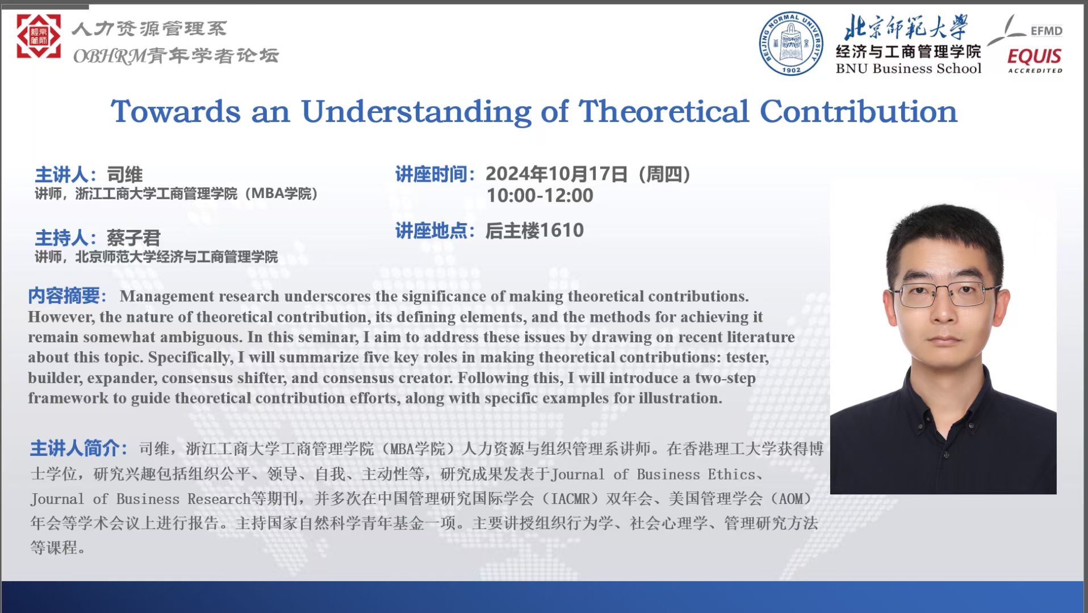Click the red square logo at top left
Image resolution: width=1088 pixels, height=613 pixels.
coord(39,36)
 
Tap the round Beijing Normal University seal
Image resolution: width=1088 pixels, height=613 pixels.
coord(791,44)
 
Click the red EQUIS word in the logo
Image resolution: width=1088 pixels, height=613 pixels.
coord(1034,56)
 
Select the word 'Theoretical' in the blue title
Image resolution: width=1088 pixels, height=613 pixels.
coord(664,111)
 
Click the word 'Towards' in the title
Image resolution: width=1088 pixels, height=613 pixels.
coord(176,111)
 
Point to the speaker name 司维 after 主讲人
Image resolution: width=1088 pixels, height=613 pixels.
coord(125,174)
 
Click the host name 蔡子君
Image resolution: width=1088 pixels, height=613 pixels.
coord(133,237)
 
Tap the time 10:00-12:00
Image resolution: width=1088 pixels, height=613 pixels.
coord(540,195)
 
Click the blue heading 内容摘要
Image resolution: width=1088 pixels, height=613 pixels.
coord(65,296)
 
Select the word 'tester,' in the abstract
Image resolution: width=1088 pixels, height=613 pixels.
coord(744,358)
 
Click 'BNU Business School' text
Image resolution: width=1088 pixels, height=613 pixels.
coord(908,69)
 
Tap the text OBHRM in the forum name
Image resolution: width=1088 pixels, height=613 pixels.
coord(110,56)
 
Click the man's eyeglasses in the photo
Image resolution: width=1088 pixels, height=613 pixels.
coord(944,294)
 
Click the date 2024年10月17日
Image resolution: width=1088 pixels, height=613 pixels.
coord(556,174)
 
